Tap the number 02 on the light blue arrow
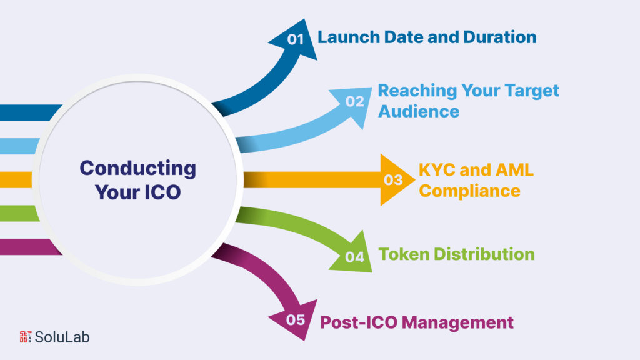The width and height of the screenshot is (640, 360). [x=354, y=101]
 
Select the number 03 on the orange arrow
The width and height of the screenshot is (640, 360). [x=393, y=180]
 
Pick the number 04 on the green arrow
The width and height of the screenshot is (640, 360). [x=354, y=257]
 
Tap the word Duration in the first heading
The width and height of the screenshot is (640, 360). [x=499, y=37]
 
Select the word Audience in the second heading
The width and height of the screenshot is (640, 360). [x=418, y=111]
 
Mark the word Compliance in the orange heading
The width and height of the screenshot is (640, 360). [x=469, y=190]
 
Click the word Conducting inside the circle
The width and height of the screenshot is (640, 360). [x=137, y=168]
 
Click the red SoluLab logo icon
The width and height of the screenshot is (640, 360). [x=26, y=337]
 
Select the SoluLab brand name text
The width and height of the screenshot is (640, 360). [x=62, y=337]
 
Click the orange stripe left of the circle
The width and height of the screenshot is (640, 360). [x=16, y=180]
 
